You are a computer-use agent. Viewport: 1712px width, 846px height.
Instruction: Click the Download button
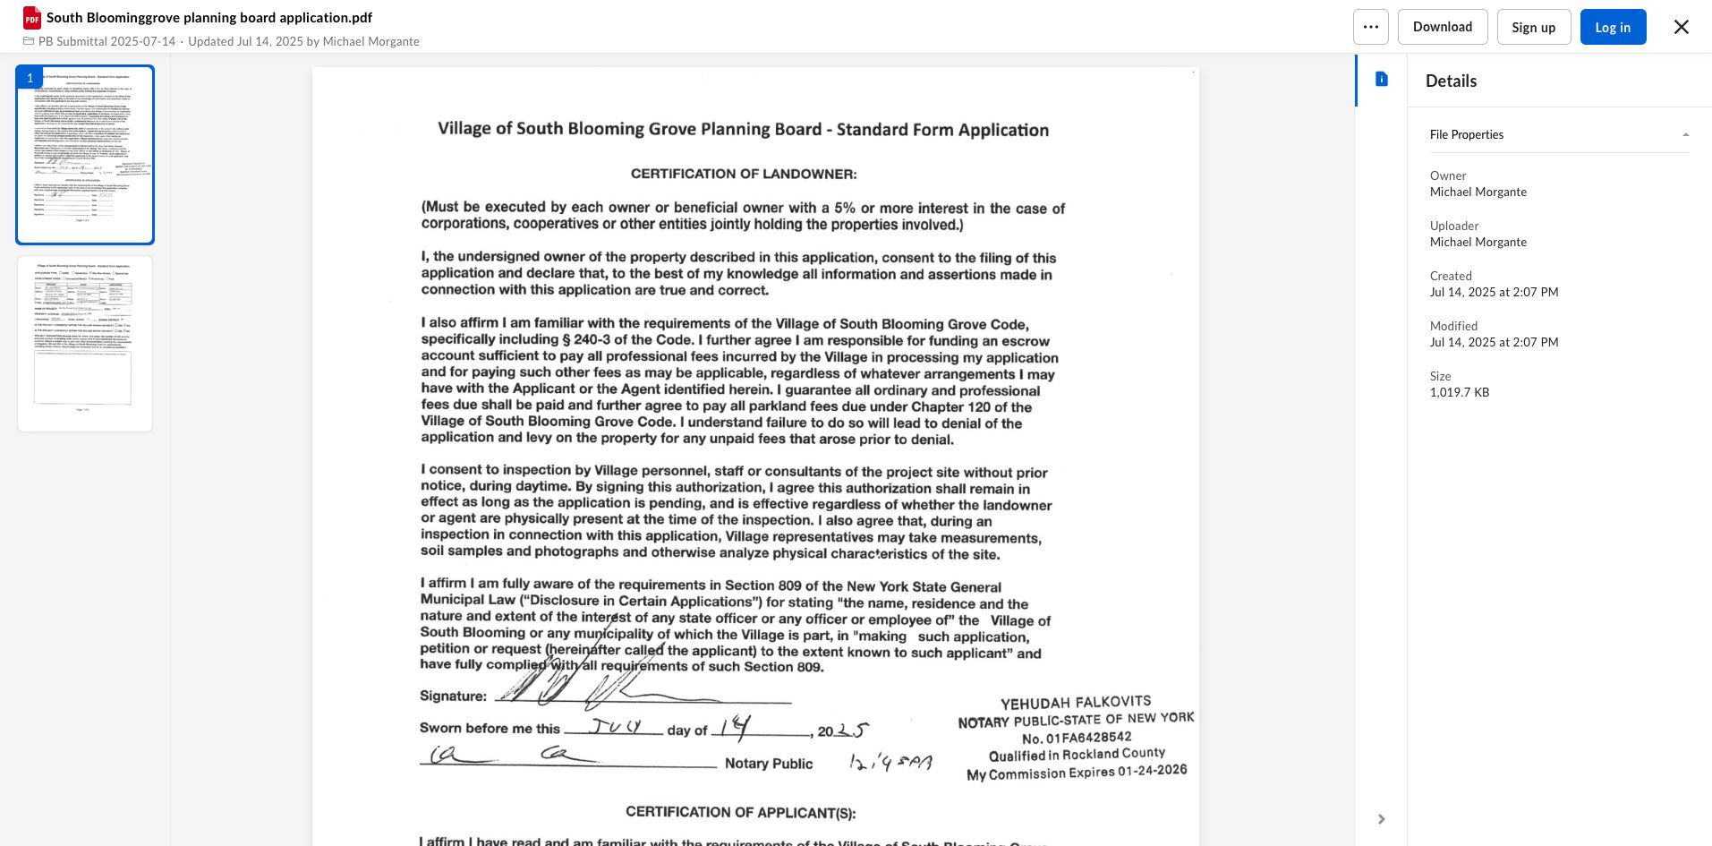pos(1442,27)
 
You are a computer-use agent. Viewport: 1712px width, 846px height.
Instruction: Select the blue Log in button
pos(1612,27)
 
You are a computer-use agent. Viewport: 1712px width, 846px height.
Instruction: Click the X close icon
pos(1681,27)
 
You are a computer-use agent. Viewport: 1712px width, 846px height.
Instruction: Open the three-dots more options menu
pos(1370,27)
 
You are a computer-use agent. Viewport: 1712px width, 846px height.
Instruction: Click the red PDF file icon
pos(32,18)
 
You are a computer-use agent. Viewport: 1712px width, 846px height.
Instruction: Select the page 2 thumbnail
pos(84,344)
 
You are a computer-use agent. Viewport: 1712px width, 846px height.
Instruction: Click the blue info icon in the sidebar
pos(1381,80)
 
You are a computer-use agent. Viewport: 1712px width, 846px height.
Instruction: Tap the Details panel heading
pos(1451,81)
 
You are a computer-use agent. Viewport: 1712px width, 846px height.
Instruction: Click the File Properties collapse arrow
pos(1685,135)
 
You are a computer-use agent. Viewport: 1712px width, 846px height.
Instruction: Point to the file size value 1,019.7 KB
pos(1459,392)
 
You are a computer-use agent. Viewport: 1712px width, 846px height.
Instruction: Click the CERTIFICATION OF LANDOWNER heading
pos(743,174)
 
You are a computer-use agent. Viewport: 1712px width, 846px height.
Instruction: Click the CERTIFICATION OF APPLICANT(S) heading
pos(740,813)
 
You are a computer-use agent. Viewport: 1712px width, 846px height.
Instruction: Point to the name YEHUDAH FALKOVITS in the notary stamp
pos(1075,703)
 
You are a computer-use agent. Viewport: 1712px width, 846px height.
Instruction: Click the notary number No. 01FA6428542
pos(1076,738)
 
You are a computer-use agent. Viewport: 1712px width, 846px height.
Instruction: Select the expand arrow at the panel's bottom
pos(1381,819)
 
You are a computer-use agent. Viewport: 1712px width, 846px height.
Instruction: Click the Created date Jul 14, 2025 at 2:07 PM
pos(1494,292)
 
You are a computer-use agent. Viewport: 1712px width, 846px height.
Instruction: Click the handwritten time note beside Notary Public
pos(890,763)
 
